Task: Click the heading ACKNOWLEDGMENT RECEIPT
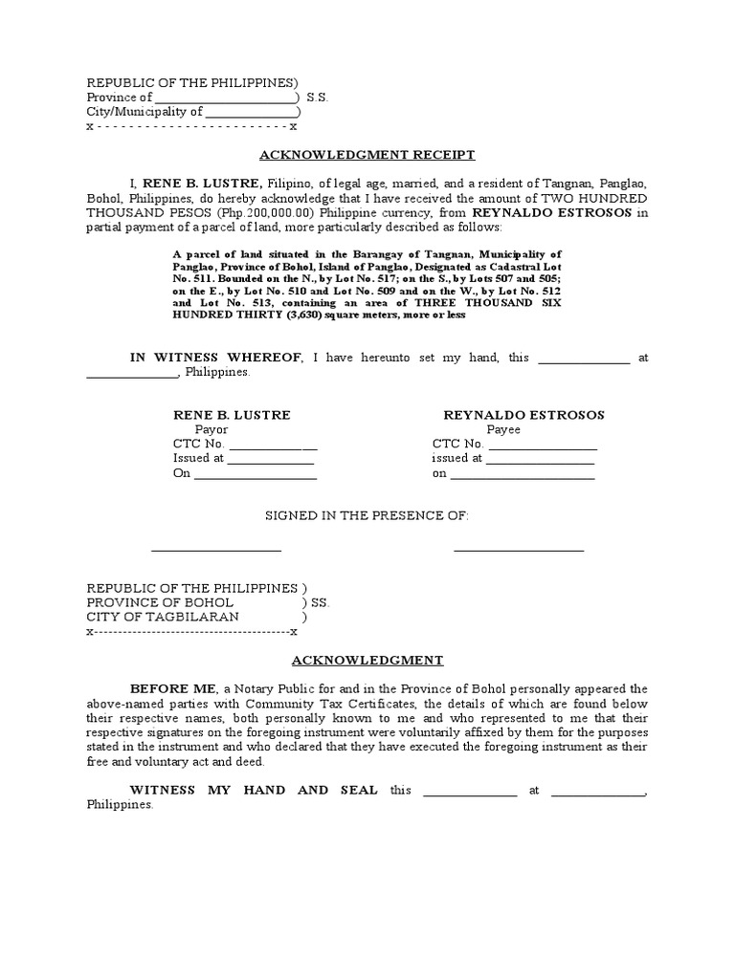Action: click(367, 155)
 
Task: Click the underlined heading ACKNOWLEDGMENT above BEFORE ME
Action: click(367, 660)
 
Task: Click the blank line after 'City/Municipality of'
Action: click(252, 112)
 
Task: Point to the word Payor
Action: click(212, 429)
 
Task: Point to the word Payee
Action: click(503, 429)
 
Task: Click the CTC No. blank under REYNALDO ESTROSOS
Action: click(542, 445)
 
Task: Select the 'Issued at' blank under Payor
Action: click(270, 459)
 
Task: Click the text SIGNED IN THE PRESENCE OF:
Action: click(367, 515)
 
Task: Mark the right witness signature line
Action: click(519, 550)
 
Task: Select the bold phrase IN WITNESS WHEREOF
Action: click(217, 358)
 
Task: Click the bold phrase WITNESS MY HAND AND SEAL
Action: click(254, 790)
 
